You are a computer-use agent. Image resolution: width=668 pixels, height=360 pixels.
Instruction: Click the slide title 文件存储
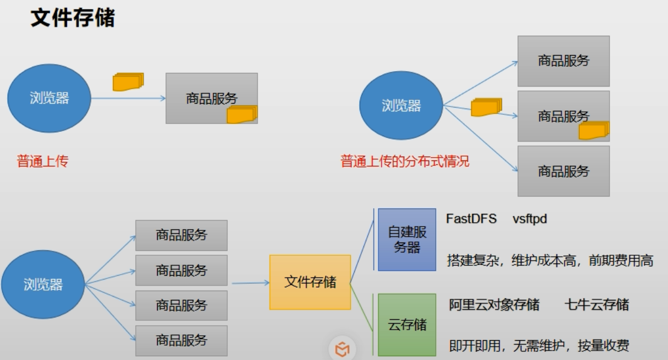pos(72,18)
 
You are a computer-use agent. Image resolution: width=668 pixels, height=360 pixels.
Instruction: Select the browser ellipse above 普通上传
pos(49,99)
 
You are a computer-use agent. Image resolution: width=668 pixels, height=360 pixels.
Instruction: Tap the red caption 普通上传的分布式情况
pos(405,162)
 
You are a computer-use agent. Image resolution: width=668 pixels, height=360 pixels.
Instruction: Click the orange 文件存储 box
pos(310,282)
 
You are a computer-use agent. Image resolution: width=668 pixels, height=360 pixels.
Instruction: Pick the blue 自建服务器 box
pos(407,239)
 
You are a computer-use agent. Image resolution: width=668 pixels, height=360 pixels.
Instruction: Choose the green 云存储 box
pos(407,324)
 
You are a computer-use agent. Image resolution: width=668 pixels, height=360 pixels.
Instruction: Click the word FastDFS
pos(471,219)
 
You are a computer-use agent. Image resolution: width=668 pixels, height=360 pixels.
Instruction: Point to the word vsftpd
pos(529,219)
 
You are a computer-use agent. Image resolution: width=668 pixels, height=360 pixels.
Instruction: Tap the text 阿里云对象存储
pos(494,304)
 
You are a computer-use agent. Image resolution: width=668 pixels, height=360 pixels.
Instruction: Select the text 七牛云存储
pos(597,304)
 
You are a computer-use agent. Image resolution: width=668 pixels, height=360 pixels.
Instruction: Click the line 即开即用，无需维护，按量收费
pos(539,346)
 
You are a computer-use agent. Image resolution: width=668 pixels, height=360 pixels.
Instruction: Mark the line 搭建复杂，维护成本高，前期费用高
pos(550,261)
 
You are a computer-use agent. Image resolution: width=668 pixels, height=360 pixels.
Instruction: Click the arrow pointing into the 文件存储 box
pos(250,283)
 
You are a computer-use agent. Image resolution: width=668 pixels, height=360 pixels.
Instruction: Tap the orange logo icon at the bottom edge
pos(342,349)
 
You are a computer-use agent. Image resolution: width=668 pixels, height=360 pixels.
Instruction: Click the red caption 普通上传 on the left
pos(42,162)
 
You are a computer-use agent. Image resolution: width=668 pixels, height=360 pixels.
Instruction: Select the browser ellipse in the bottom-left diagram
pos(43,284)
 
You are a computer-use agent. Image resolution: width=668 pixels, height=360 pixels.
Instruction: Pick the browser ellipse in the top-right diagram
pos(401,106)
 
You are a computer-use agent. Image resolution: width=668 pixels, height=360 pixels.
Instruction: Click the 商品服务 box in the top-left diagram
pos(211,98)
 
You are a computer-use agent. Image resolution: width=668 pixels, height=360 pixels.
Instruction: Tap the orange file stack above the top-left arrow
pos(128,81)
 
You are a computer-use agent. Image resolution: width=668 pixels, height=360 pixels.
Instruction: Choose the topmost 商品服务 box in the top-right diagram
pos(563,61)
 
